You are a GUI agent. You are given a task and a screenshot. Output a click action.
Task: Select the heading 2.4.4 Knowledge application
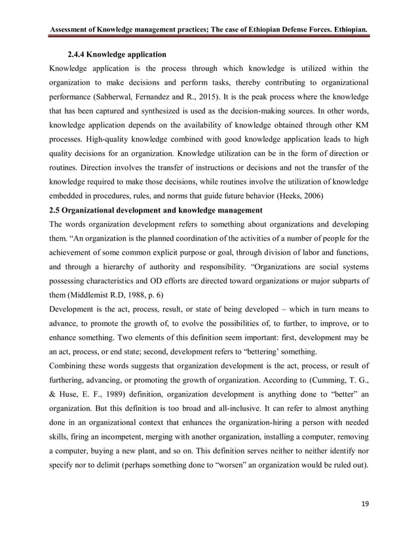[x=117, y=52]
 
